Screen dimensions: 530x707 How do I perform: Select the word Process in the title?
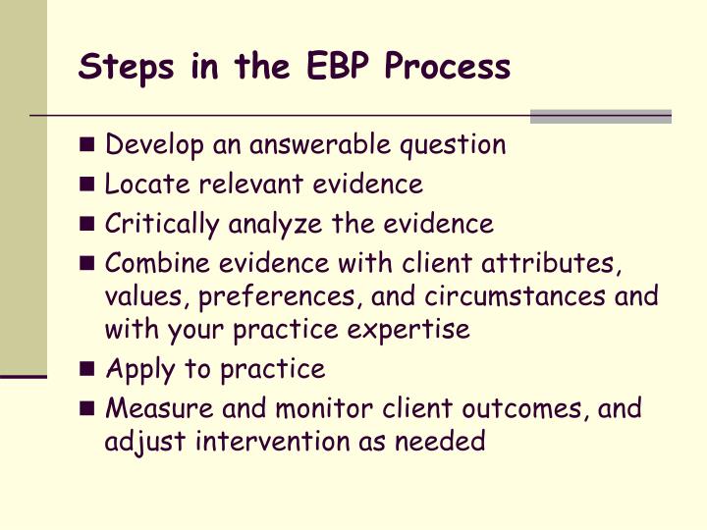click(448, 67)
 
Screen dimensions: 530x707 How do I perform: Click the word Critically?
click(162, 224)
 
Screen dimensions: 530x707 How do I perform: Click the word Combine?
click(151, 263)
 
